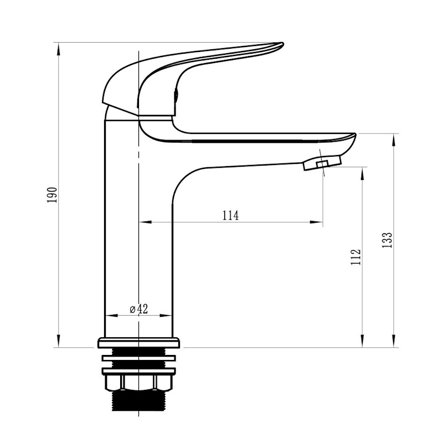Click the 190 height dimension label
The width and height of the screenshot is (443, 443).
tap(53, 195)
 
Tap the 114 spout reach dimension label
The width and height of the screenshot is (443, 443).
tap(230, 215)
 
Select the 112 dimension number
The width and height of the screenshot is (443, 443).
tap(356, 257)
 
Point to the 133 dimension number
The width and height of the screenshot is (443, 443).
tap(387, 240)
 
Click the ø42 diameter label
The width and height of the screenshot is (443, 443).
tap(139, 309)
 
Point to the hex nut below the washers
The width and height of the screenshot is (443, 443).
tap(138, 383)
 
